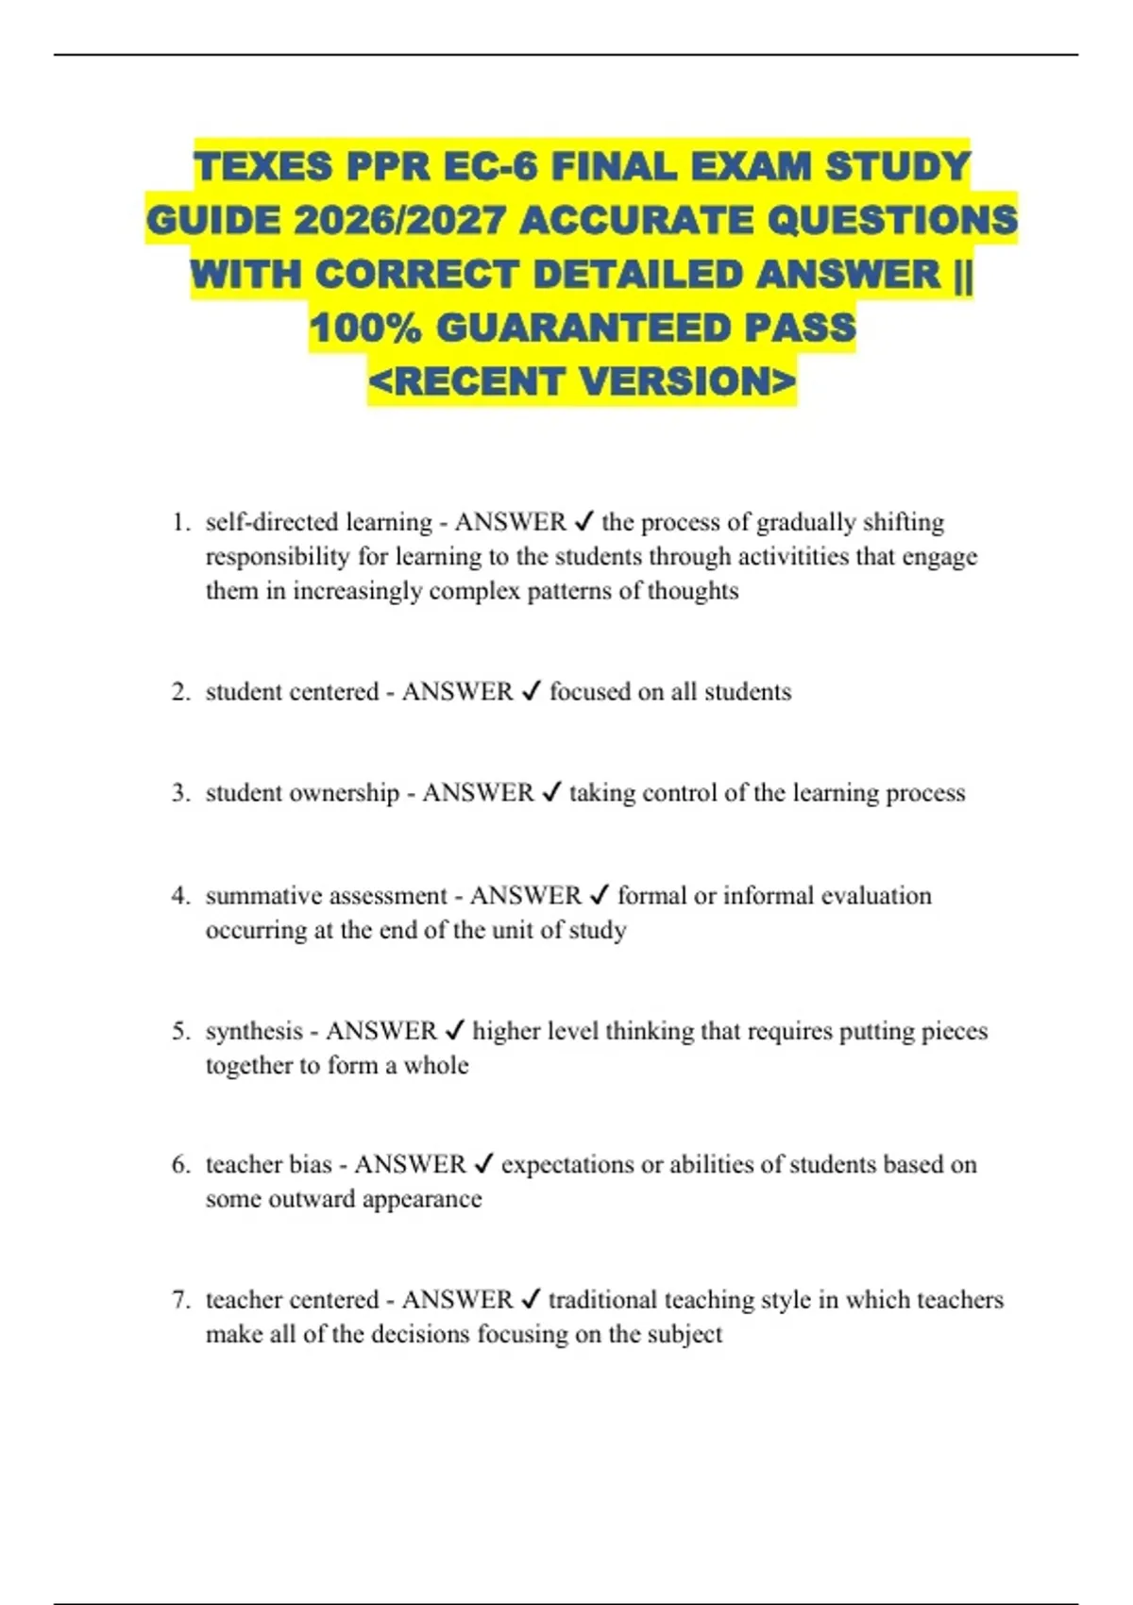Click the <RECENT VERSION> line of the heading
(582, 382)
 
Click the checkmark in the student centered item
(532, 692)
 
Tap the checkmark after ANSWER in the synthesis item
(454, 1031)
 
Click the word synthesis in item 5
(254, 1031)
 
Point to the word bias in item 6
(312, 1165)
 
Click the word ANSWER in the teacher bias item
(410, 1165)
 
